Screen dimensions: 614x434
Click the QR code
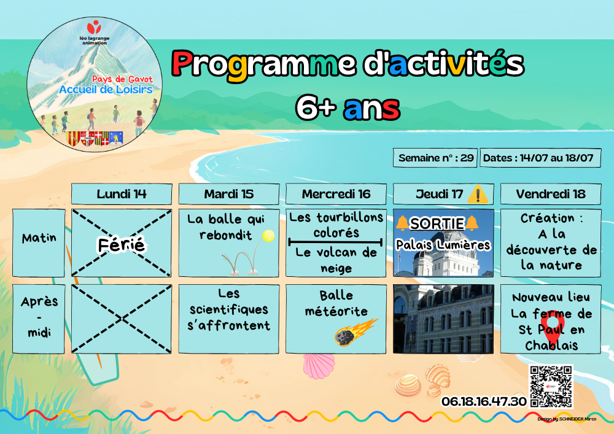[551, 387]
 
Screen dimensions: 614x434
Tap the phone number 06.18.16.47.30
[484, 401]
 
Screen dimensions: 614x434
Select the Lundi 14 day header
[122, 194]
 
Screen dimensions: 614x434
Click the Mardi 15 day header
[228, 194]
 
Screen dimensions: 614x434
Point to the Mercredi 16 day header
[336, 194]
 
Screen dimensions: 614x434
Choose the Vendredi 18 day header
[551, 194]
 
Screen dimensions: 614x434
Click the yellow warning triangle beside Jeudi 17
[478, 194]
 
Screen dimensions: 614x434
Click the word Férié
[122, 246]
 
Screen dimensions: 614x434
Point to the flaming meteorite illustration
[355, 332]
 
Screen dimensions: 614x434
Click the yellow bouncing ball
[268, 236]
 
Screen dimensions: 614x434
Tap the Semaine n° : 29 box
[435, 158]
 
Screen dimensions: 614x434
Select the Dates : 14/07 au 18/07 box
[540, 158]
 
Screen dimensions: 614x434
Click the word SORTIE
[437, 223]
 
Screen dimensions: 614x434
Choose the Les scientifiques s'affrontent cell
[228, 319]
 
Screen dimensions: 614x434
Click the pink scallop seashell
[319, 366]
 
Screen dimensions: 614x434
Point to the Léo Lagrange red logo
[94, 28]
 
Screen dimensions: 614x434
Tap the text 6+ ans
[348, 108]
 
